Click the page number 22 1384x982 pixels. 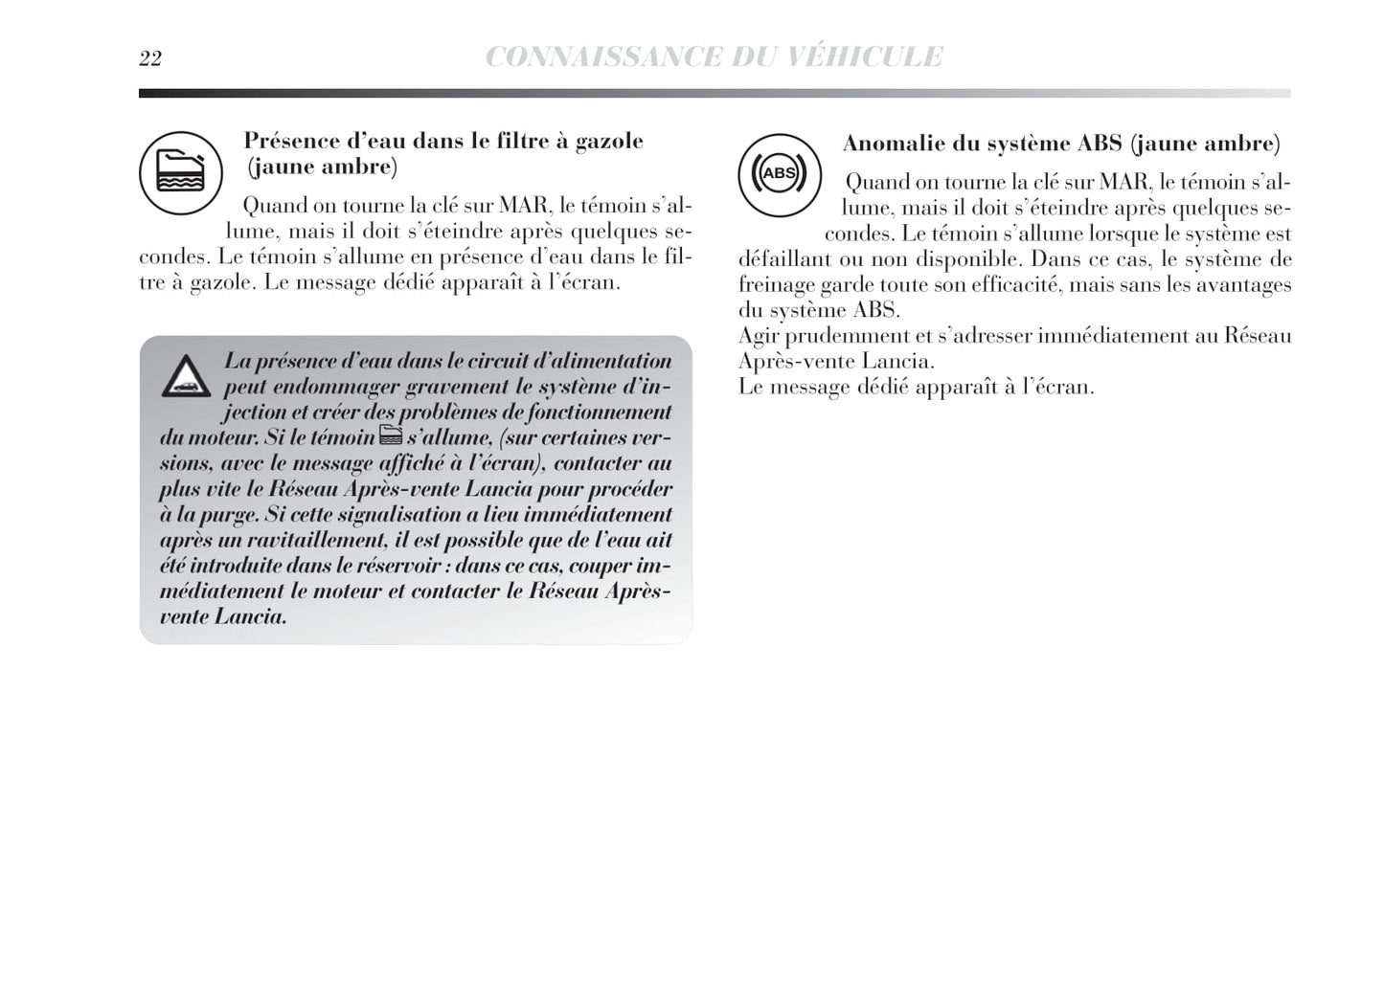pos(150,59)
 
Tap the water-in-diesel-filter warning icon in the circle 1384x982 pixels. pos(180,173)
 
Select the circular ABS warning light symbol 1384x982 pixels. pos(779,174)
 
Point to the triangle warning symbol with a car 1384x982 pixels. pos(187,377)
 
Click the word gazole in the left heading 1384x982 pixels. pos(609,142)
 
